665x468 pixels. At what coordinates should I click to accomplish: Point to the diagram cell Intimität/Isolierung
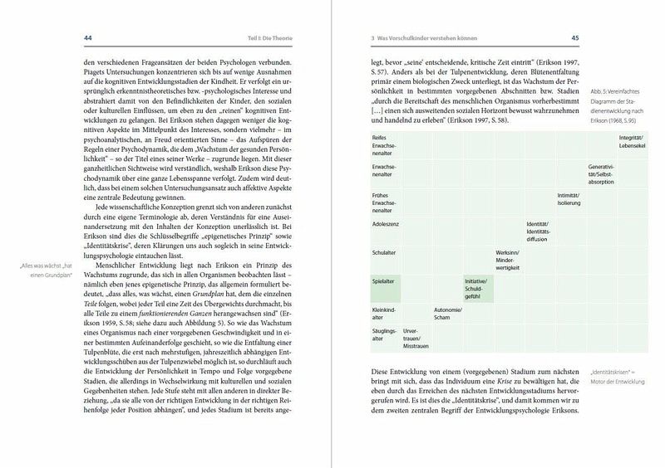[570, 198]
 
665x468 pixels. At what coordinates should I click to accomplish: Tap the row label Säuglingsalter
[384, 339]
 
